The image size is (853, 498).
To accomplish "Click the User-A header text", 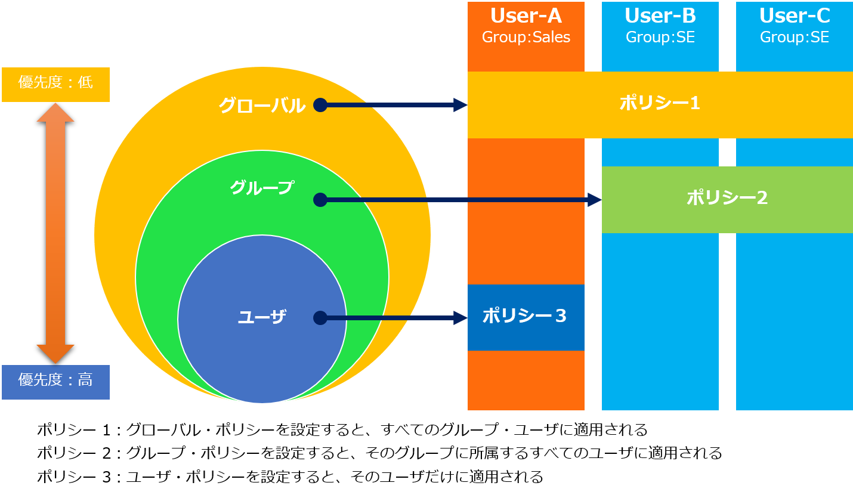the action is [526, 16].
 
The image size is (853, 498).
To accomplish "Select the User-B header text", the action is [660, 16].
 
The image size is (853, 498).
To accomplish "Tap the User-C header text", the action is [795, 16].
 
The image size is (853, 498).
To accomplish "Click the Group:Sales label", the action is [526, 38].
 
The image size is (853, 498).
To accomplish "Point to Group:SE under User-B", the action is [660, 38].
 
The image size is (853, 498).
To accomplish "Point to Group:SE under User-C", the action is [795, 38].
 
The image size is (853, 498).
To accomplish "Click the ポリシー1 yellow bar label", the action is [660, 103].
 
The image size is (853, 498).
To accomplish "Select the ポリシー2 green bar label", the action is [727, 198].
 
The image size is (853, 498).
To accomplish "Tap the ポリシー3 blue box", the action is [526, 317].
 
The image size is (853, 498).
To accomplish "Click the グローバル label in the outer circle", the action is [262, 106].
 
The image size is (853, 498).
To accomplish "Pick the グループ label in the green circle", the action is [262, 187].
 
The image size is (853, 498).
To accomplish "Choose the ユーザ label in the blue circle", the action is [262, 317].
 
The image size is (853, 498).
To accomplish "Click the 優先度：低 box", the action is [55, 85].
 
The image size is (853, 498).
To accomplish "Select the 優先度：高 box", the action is [55, 382].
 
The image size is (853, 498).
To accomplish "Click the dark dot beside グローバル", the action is [320, 105].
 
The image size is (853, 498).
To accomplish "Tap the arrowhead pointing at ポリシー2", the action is [595, 200].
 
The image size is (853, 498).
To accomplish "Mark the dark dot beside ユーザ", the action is [320, 318].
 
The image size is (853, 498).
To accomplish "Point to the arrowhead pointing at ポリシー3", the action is [461, 318].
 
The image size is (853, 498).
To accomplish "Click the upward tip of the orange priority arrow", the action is [55, 103].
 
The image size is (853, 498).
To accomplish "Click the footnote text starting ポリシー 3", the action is [290, 477].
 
